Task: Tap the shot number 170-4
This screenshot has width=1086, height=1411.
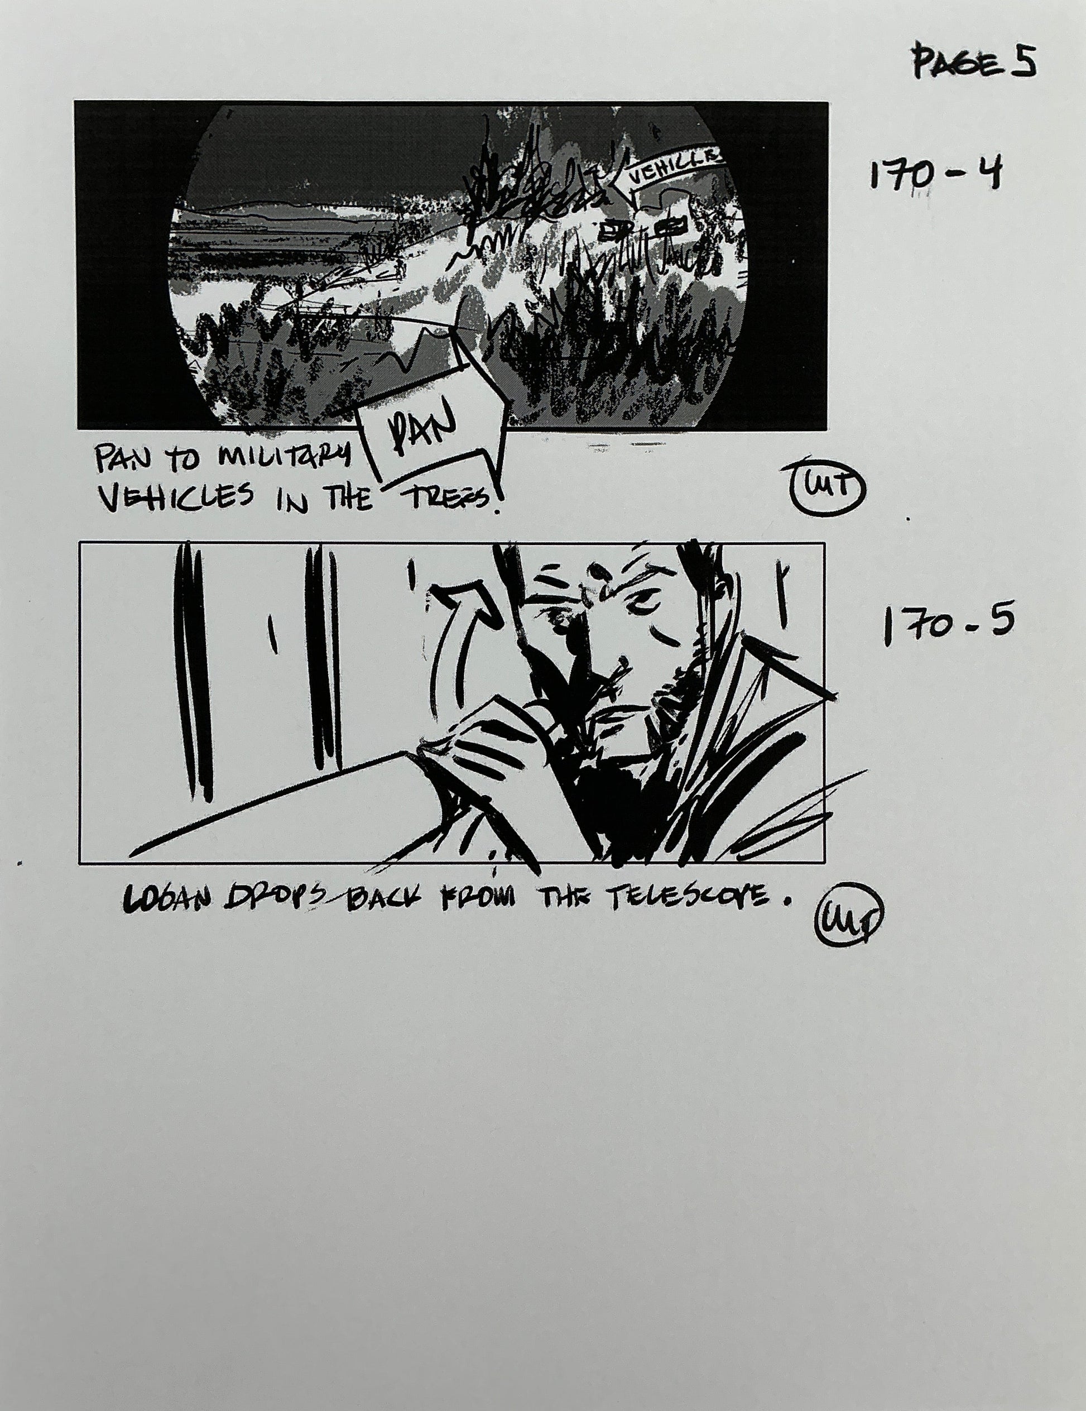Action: tap(934, 174)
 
